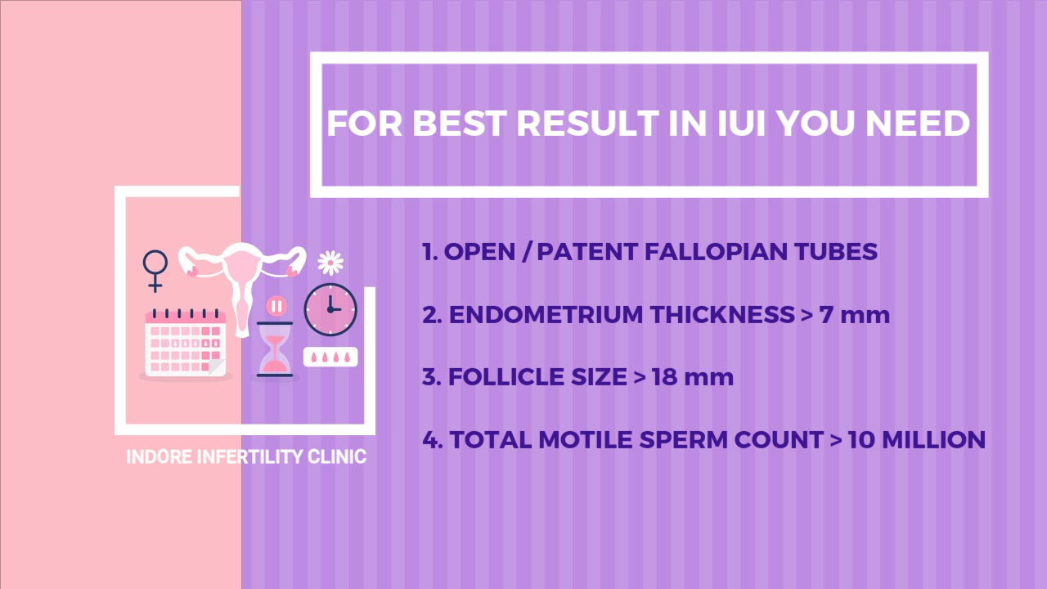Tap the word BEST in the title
pyautogui.click(x=460, y=124)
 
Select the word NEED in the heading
pyautogui.click(x=918, y=124)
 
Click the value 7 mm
pyautogui.click(x=855, y=314)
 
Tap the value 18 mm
pyautogui.click(x=693, y=377)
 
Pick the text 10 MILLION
pyautogui.click(x=917, y=439)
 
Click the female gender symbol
pyautogui.click(x=155, y=271)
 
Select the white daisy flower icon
pyautogui.click(x=330, y=263)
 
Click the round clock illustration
pyautogui.click(x=330, y=309)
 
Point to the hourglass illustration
pyautogui.click(x=275, y=349)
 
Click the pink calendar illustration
pyautogui.click(x=186, y=343)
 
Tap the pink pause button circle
pyautogui.click(x=276, y=307)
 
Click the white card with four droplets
pyautogui.click(x=330, y=357)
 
